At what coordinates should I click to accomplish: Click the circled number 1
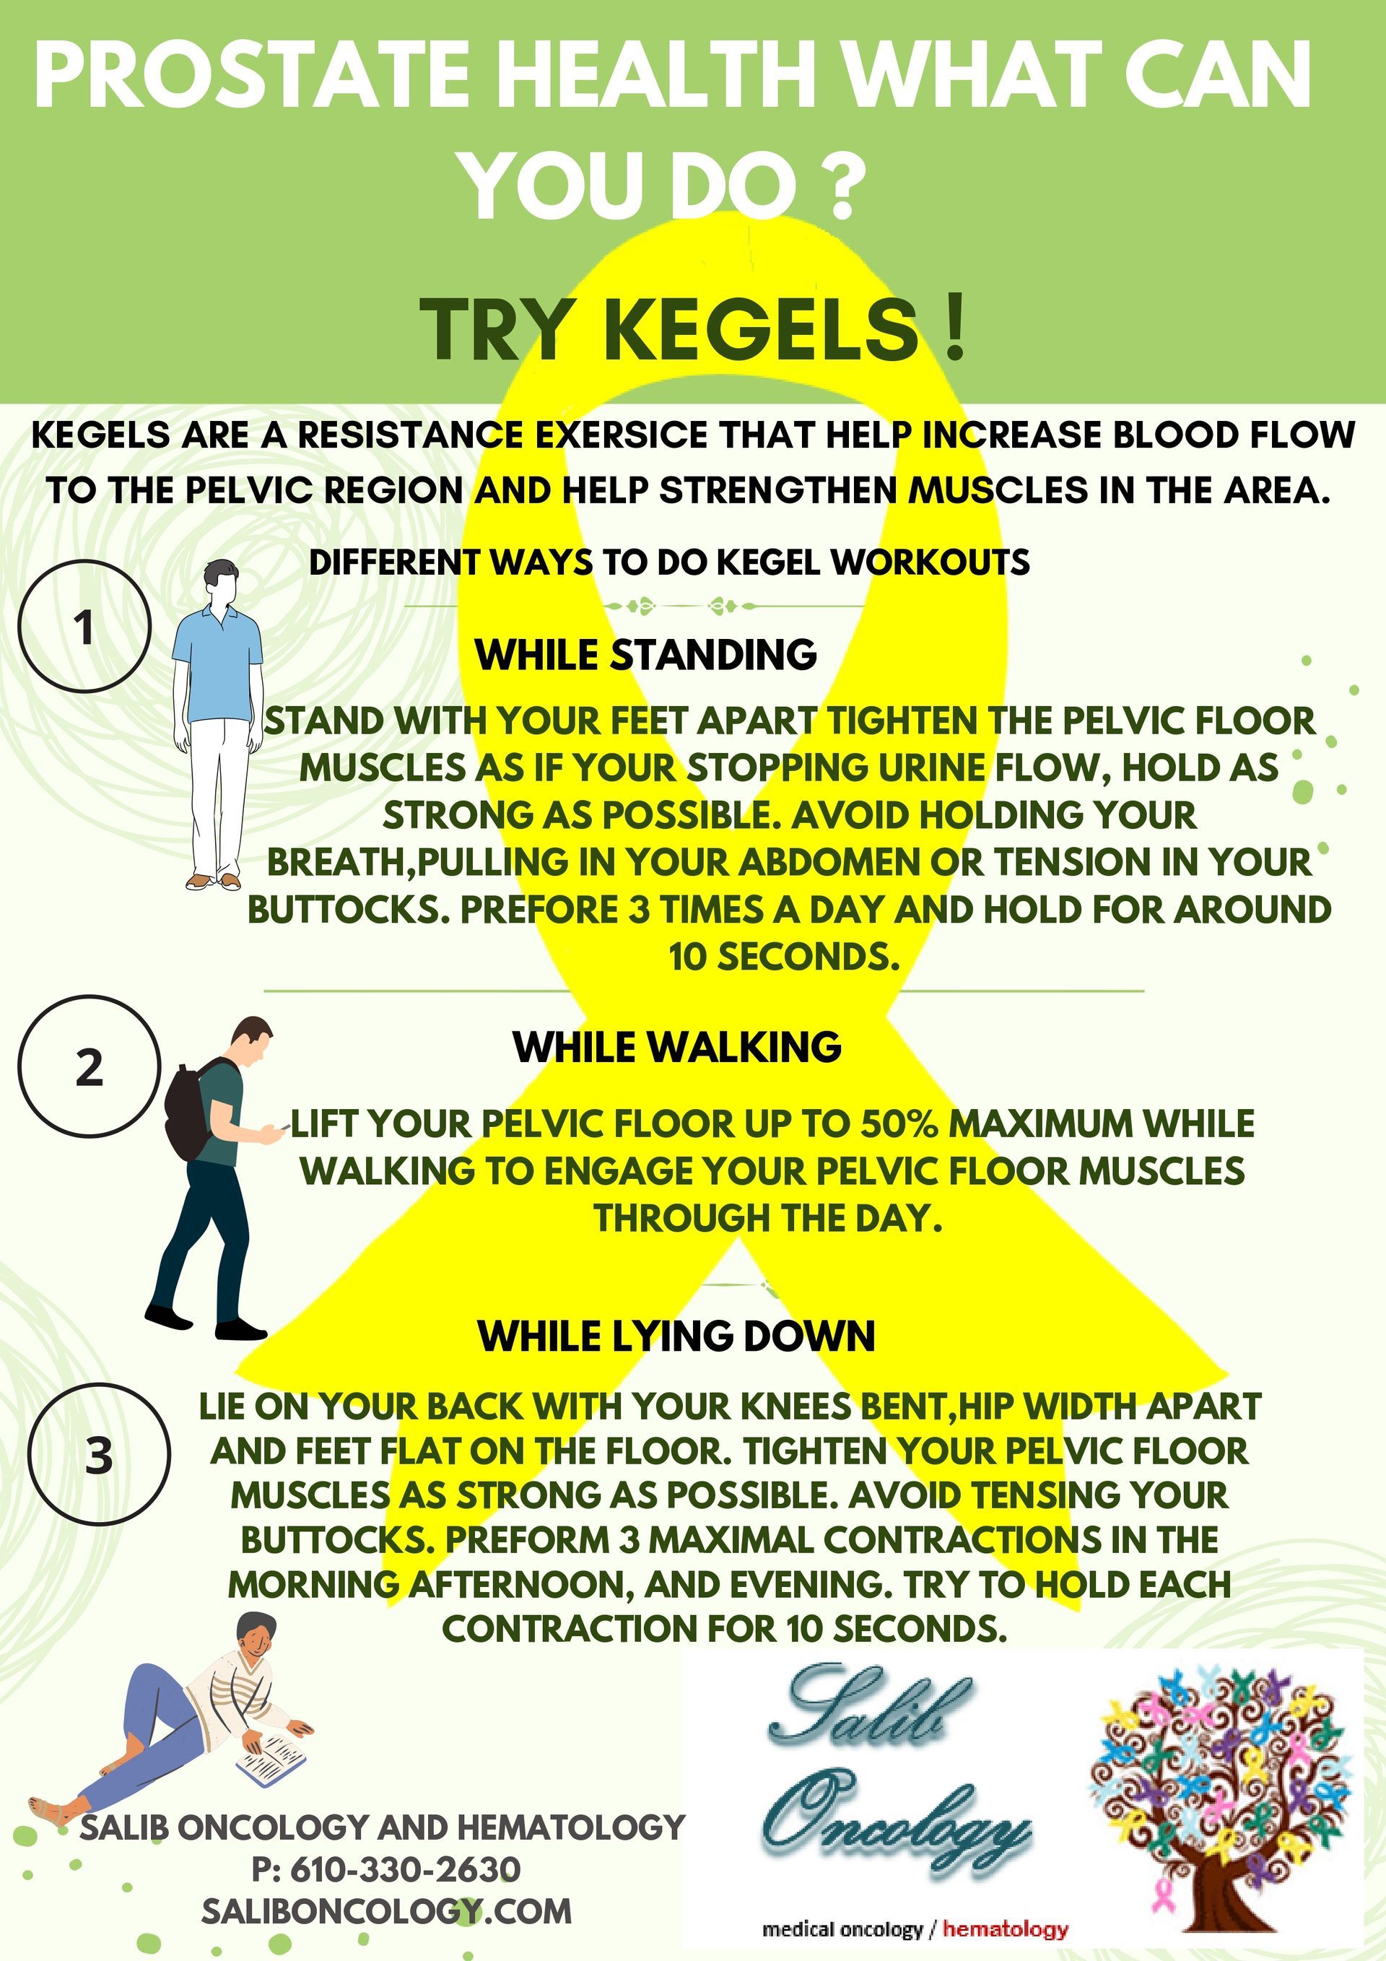(x=84, y=626)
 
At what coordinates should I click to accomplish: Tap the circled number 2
(x=89, y=1066)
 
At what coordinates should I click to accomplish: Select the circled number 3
(x=98, y=1455)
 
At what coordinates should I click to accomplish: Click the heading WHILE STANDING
(x=645, y=655)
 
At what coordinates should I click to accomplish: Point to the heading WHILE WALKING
(x=676, y=1047)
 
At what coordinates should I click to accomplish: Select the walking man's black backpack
(x=190, y=1110)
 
